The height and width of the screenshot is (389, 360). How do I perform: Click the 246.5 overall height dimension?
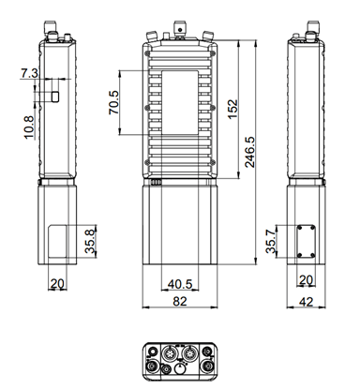coord(249,152)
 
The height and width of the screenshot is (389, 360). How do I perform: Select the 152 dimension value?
coord(232,109)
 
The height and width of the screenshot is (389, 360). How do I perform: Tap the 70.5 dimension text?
coord(114,102)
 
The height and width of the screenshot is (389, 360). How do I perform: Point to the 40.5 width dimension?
coord(180,284)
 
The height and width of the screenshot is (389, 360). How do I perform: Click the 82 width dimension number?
coord(180,301)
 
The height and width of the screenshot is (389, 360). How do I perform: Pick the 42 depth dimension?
coord(306,302)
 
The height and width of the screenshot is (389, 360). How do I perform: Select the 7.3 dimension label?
coord(29,74)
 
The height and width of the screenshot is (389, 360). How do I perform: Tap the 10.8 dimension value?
coord(28,127)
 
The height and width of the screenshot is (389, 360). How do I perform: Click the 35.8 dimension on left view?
coord(90,241)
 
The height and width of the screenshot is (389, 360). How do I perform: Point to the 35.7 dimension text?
coord(271,241)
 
